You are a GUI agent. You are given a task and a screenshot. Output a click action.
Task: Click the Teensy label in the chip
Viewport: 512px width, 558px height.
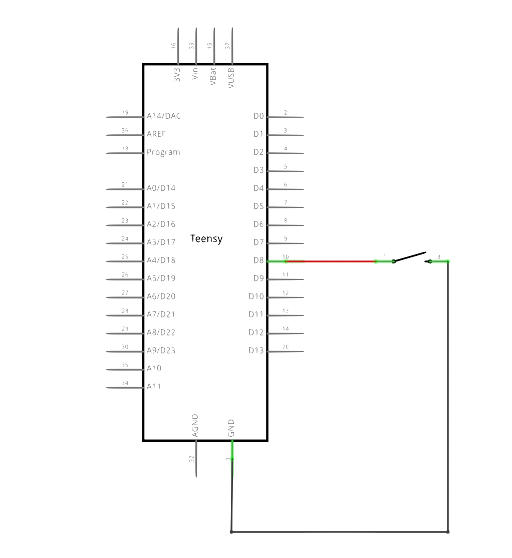(x=207, y=239)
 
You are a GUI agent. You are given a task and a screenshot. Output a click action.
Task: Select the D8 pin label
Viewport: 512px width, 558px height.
(x=259, y=260)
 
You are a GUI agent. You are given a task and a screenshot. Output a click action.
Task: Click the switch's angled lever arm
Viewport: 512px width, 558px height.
(x=410, y=256)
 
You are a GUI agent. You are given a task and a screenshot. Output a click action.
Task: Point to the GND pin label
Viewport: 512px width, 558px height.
(x=231, y=428)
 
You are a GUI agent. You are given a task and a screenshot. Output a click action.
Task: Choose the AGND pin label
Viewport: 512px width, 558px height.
(x=195, y=425)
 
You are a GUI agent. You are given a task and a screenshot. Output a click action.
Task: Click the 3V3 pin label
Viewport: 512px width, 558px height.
(x=177, y=75)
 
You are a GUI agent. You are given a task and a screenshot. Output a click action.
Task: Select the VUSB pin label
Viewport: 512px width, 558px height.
(x=231, y=78)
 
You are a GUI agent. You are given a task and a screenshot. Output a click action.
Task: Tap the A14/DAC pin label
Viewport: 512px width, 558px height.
(x=164, y=116)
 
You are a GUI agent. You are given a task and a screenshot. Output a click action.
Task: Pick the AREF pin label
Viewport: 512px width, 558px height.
(x=156, y=134)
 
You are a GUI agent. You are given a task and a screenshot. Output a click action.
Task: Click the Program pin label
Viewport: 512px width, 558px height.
(x=163, y=152)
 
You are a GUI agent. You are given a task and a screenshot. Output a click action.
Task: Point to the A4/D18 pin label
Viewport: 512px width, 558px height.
(x=161, y=260)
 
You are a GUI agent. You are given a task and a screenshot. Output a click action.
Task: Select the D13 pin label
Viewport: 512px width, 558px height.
(x=256, y=351)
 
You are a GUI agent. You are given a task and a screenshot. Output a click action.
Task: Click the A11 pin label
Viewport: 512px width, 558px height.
(x=153, y=387)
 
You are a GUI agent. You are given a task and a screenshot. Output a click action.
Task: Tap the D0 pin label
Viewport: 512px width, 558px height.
(x=259, y=116)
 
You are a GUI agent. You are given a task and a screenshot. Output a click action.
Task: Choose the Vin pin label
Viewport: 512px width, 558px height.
(x=195, y=74)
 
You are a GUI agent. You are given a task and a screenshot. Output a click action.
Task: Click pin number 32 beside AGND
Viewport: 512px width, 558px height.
(x=191, y=458)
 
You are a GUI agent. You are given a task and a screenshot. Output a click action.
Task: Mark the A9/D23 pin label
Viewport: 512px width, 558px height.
(x=161, y=351)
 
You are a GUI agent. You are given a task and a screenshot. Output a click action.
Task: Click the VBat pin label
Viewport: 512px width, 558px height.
(x=213, y=76)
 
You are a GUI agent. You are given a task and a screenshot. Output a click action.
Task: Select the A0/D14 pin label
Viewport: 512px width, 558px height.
(x=161, y=188)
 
